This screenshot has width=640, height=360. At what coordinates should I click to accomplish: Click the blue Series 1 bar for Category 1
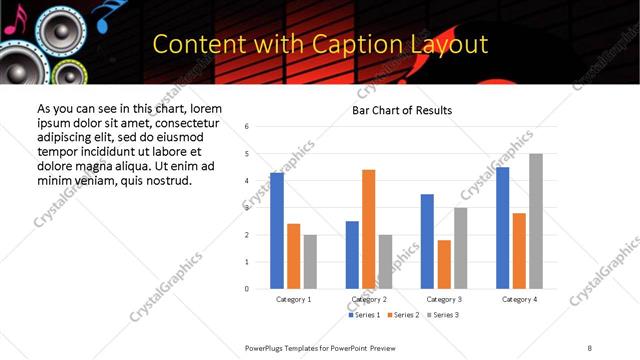pos(277,231)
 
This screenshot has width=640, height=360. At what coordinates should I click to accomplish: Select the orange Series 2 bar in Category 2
pos(368,229)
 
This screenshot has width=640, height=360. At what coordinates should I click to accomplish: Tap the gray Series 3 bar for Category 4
pos(536,221)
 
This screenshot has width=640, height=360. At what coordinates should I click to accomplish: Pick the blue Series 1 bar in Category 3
pos(427,241)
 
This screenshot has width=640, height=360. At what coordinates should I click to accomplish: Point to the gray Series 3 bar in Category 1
pos(310,262)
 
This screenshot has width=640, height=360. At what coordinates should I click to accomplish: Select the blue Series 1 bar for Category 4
pos(503,228)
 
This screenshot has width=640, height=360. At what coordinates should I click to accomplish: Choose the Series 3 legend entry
pos(446,315)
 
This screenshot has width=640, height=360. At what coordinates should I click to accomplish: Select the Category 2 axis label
pos(368,299)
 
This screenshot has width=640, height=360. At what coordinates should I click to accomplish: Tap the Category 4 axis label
pos(519,299)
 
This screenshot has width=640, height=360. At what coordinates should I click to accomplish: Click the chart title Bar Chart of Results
pos(402,110)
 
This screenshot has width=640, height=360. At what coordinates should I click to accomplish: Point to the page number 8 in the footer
pos(590,347)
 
